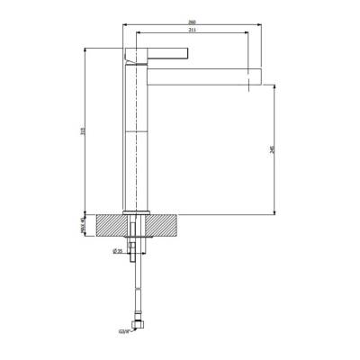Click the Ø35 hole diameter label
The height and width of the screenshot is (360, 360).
click(117, 251)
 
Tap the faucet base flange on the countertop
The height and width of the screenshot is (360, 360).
click(134, 211)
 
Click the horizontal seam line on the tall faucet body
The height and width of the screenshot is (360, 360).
click(134, 129)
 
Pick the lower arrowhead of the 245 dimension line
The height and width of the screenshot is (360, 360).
click(273, 211)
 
